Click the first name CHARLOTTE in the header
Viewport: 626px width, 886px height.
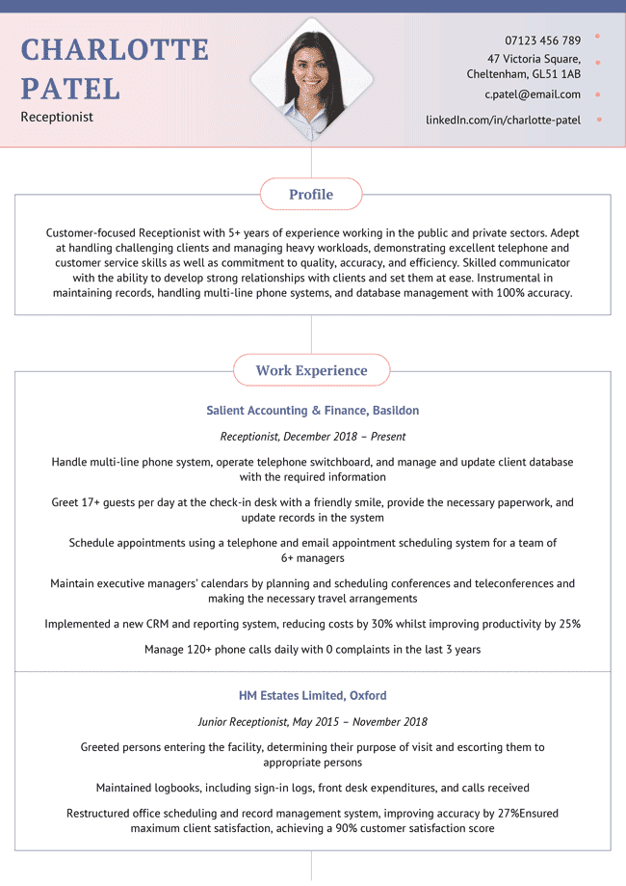click(115, 49)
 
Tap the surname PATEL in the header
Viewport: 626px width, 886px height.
click(70, 89)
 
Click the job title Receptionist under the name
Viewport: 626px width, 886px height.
click(57, 117)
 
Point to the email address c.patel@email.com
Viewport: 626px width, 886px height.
click(533, 94)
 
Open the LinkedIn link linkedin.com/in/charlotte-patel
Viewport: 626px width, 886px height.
click(503, 120)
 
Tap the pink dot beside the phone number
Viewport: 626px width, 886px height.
click(598, 37)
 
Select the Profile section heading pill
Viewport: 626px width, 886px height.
click(311, 195)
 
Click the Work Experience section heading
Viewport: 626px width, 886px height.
click(311, 370)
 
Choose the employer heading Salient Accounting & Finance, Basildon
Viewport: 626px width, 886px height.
click(312, 411)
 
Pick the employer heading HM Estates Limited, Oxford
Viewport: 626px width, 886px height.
click(312, 695)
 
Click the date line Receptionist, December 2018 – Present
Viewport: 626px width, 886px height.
click(312, 437)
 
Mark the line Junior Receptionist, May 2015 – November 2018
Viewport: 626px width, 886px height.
click(312, 721)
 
